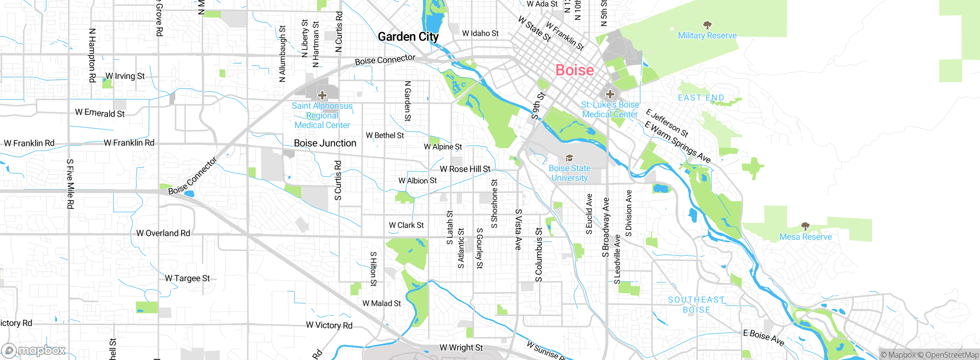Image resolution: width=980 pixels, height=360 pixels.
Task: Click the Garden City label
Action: (408, 37)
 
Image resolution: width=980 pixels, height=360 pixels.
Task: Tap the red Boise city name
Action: (575, 70)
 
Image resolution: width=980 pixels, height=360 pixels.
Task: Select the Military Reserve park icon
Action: (707, 25)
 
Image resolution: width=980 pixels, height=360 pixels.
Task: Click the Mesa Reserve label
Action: (805, 237)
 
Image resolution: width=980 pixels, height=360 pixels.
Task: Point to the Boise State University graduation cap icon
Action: (569, 158)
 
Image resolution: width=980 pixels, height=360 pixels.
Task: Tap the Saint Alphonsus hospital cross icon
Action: (322, 95)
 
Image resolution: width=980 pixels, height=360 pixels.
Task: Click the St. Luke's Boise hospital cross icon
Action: (610, 94)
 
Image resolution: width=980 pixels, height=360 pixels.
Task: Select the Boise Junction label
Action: (325, 143)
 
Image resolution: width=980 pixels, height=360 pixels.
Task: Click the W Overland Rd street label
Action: (163, 233)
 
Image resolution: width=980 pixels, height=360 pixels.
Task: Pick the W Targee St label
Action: (187, 278)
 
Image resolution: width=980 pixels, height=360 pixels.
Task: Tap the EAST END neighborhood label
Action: (701, 98)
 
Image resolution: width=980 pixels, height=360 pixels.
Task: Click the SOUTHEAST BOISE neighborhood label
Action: (696, 305)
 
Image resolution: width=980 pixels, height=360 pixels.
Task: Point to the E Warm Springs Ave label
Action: (677, 142)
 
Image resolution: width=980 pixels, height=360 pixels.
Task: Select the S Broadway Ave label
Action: (606, 227)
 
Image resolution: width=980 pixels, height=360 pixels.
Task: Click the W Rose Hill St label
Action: (465, 169)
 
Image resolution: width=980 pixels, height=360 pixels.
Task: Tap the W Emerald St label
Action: (100, 113)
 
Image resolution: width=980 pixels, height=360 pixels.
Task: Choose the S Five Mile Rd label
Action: (70, 184)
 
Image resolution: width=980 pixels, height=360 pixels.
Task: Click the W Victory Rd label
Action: (329, 325)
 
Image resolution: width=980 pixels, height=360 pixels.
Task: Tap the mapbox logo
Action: (33, 350)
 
